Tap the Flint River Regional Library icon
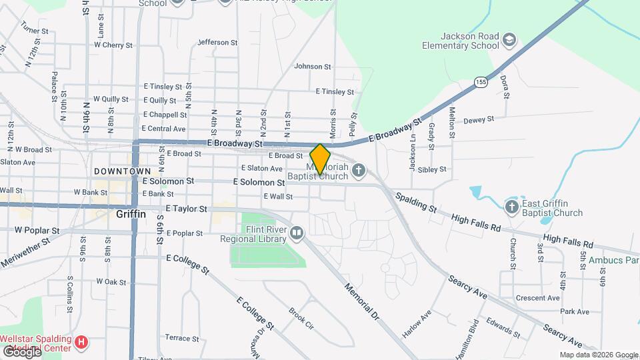(297, 233)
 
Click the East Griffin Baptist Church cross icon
(513, 206)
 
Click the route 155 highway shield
(481, 82)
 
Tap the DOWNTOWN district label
(122, 171)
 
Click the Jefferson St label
(218, 42)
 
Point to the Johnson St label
(313, 66)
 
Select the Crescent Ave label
(541, 298)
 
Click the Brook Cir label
(301, 319)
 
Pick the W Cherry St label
(113, 45)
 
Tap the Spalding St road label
(415, 203)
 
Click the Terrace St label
(178, 337)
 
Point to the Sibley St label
(432, 169)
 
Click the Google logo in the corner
(21, 352)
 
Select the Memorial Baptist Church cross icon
(359, 171)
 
